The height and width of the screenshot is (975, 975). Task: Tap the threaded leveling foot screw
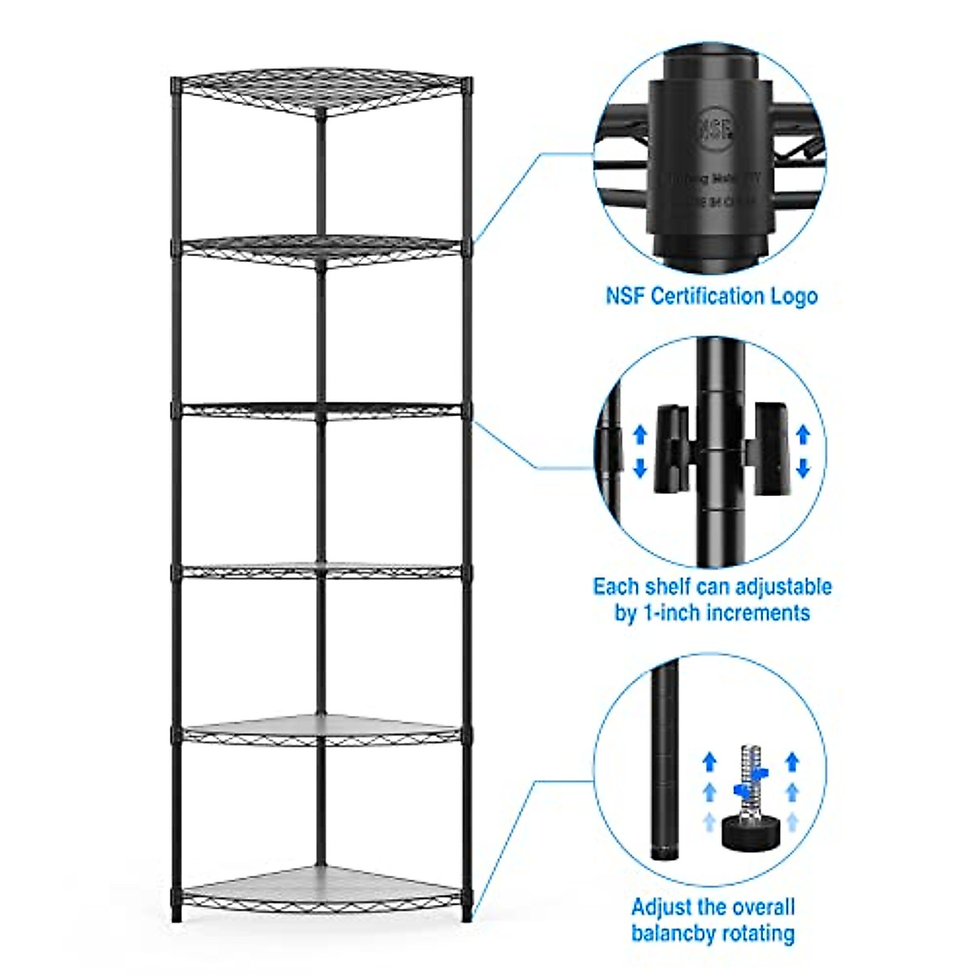pyautogui.click(x=749, y=782)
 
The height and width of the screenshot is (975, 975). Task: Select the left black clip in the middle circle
pyautogui.click(x=674, y=448)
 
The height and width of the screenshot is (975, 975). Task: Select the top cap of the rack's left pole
pyautogui.click(x=176, y=81)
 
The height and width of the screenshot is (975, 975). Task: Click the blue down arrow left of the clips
pyautogui.click(x=639, y=468)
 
